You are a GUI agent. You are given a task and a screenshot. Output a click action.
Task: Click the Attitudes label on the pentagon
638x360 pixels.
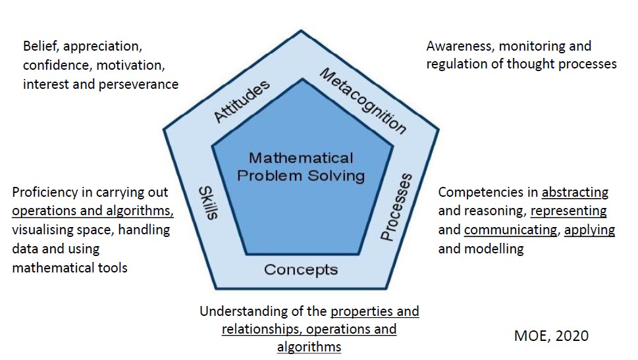click(x=242, y=101)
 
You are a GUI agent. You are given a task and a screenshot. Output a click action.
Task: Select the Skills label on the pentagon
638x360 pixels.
click(x=209, y=203)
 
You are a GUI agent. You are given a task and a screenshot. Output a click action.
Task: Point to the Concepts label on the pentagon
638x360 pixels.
click(x=301, y=269)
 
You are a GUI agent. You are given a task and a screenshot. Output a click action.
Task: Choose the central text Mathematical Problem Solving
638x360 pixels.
click(x=301, y=167)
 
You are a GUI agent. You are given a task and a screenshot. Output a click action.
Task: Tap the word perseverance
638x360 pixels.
click(x=139, y=84)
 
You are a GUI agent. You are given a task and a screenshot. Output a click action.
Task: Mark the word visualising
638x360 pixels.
click(x=44, y=230)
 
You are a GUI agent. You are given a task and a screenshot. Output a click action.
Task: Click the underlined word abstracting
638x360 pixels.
click(x=575, y=192)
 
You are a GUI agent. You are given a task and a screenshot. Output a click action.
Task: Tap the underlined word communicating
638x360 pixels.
click(x=500, y=230)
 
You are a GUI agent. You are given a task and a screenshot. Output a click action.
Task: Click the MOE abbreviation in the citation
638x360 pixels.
click(x=529, y=335)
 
